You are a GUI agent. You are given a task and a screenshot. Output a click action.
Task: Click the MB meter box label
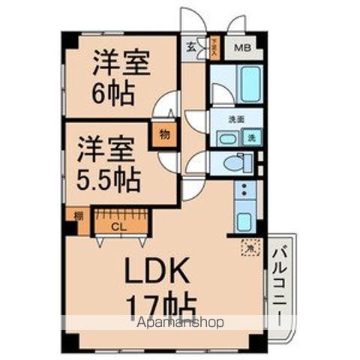pyautogui.click(x=244, y=49)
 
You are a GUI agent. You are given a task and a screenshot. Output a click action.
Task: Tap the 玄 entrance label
pyautogui.click(x=190, y=49)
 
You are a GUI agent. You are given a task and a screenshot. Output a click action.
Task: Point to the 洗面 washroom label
pyautogui.click(x=237, y=119)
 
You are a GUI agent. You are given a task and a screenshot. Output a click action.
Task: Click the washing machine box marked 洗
pyautogui.click(x=253, y=137)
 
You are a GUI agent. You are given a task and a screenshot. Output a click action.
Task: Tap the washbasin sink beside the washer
pyautogui.click(x=226, y=138)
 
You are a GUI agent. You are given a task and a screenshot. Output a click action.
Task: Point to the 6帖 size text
pyautogui.click(x=113, y=93)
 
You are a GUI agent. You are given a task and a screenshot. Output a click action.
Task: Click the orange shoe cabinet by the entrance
pyautogui.click(x=214, y=49)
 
